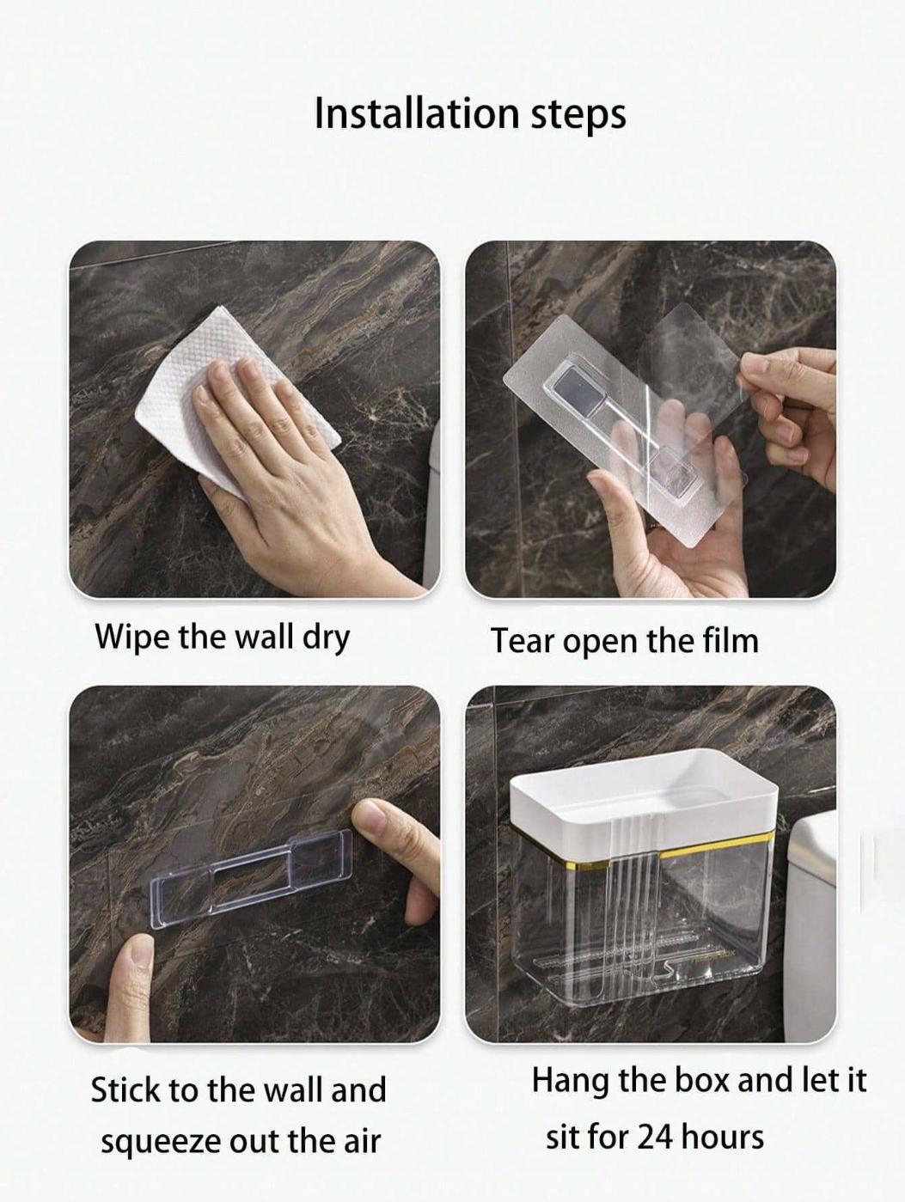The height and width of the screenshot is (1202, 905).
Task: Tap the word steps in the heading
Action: click(x=579, y=116)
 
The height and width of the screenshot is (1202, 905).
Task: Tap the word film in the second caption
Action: click(x=732, y=640)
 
